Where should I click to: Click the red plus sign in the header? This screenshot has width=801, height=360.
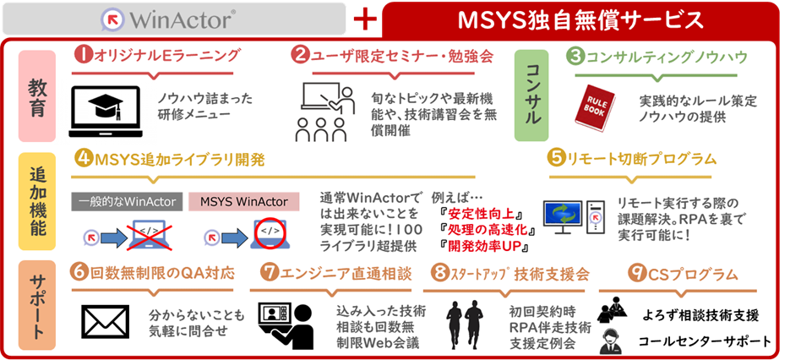point(365,20)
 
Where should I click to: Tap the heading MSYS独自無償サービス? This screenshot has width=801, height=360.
point(580,20)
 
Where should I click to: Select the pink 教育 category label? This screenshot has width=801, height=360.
point(37,96)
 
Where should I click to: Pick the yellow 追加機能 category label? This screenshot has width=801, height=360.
point(37,202)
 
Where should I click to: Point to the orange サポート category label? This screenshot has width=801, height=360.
point(37,305)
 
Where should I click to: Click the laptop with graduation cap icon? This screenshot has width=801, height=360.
point(106,112)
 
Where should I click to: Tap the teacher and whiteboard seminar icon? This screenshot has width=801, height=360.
point(325,113)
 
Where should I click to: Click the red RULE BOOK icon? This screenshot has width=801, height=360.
point(594,107)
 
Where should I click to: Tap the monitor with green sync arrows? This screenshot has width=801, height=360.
point(563,216)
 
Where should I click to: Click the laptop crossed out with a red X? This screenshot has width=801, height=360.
point(150,234)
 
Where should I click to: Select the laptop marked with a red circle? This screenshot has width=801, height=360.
point(270,234)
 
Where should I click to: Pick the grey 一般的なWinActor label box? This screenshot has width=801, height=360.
point(128,202)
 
